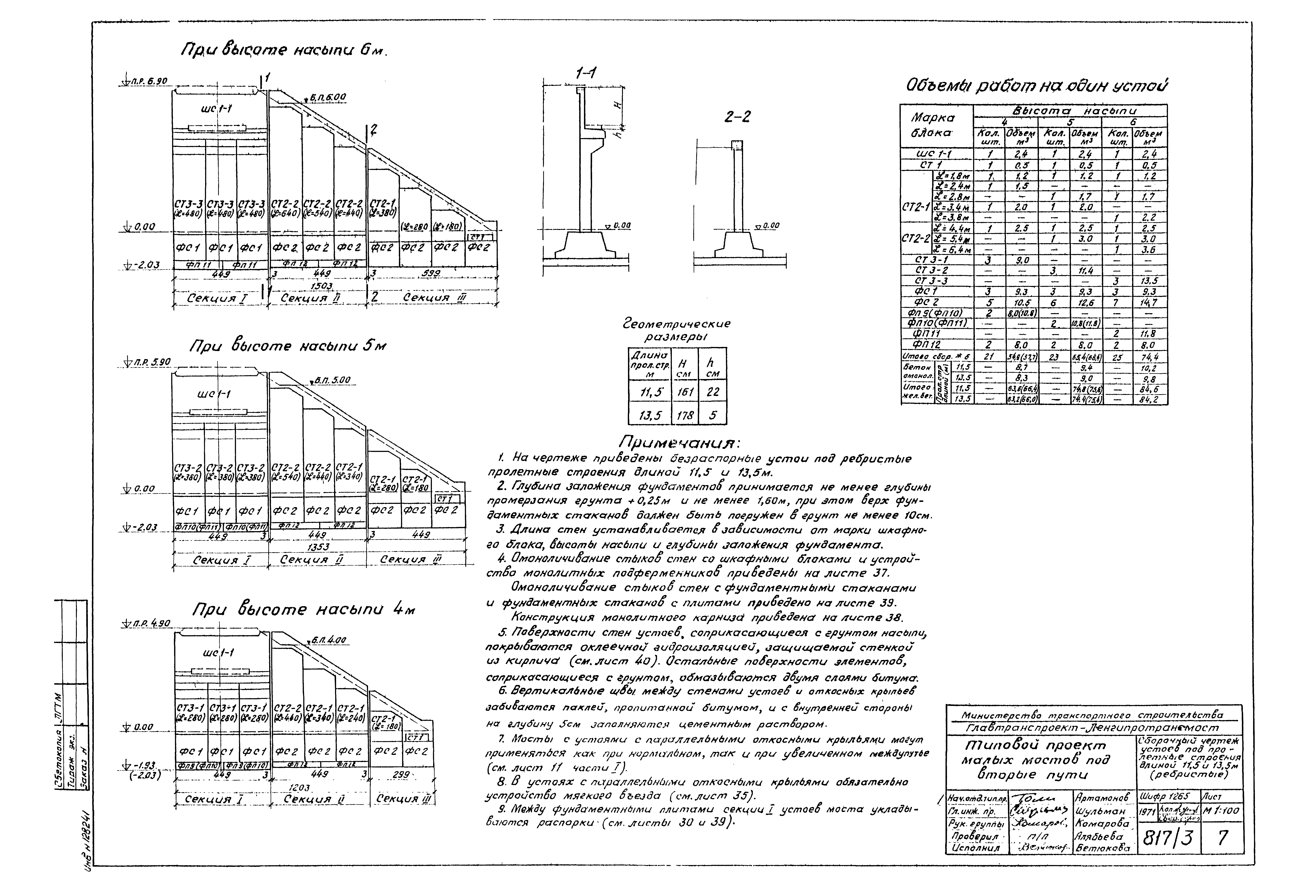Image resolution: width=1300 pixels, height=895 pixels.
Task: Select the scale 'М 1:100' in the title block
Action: tap(1221, 811)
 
